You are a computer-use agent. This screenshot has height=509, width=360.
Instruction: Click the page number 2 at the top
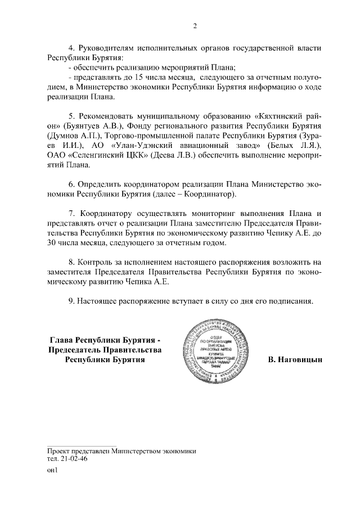point(195,25)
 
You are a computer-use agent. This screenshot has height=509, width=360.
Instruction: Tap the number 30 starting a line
point(53,243)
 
